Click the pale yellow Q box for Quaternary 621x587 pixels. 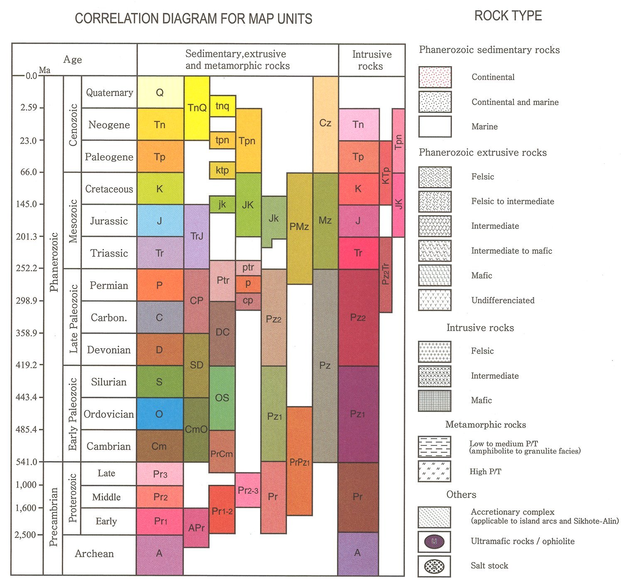coord(160,92)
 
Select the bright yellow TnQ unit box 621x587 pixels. coord(197,108)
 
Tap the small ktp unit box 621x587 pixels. coord(222,170)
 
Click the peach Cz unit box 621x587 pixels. coord(325,123)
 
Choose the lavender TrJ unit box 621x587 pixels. coord(196,236)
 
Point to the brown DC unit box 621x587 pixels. coord(222,332)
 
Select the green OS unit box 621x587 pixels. coord(222,398)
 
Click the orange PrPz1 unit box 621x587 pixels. coord(299,461)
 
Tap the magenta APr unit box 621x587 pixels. coord(196,528)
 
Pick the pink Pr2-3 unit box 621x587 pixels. coord(248,490)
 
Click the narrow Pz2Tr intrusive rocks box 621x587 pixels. coord(385,274)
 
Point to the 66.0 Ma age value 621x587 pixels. coord(29,172)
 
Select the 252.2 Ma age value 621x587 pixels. coord(27,268)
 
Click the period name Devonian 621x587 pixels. coord(109,350)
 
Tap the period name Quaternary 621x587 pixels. coord(110,92)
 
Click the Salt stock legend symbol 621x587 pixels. coord(434,566)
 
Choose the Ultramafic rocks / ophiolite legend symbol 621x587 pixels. coord(434,542)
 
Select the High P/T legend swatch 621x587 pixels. coord(434,472)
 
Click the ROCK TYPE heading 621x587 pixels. coord(508,16)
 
